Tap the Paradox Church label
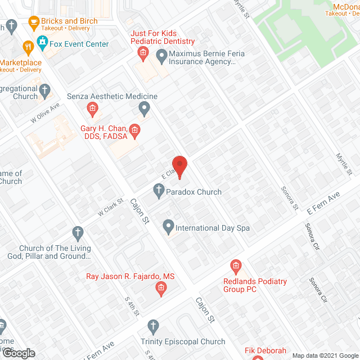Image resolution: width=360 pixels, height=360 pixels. coord(195,192)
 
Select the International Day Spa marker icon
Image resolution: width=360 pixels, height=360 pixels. coord(168,227)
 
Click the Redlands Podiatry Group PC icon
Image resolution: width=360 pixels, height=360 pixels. coord(236,265)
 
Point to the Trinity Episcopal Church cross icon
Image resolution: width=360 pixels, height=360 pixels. coord(152,326)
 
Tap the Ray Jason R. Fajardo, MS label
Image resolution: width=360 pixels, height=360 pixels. coord(130,276)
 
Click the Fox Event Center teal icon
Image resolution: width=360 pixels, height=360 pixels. coord(42,42)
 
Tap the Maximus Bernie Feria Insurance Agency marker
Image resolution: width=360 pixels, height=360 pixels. coord(161,55)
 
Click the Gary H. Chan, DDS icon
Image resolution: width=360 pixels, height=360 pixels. coord(135,132)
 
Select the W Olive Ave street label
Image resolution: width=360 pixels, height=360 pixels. coord(45,114)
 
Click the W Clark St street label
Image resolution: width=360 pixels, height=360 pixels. coord(110,207)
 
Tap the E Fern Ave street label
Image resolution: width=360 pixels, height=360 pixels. coord(324,203)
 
